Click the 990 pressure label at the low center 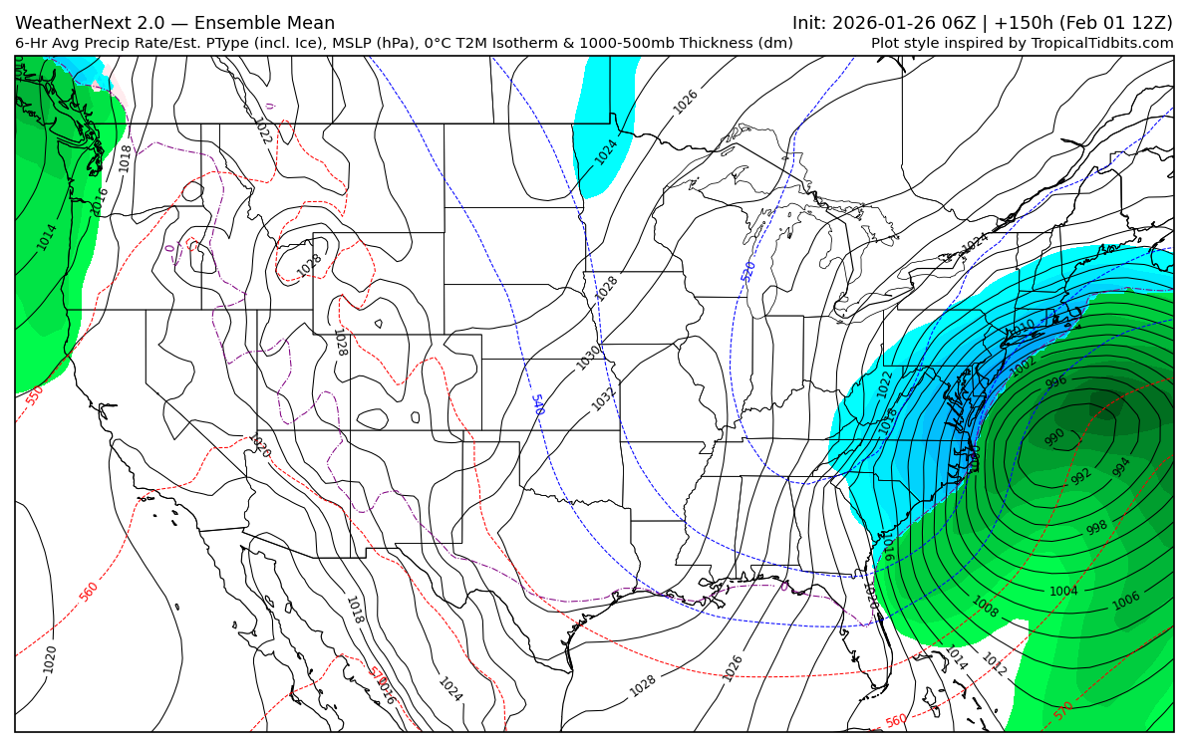point(1054,437)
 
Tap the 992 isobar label point(1081,476)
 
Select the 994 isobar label point(1121,467)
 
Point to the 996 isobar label point(1055,382)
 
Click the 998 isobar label point(1096,528)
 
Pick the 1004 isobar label point(1063,592)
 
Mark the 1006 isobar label point(1126,601)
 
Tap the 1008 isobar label point(985,607)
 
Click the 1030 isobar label point(588,358)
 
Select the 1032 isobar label point(604,398)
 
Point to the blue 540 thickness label point(537,404)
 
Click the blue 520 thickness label point(748,271)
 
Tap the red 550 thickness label point(35,395)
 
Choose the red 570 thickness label point(1063,711)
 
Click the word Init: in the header point(812,23)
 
